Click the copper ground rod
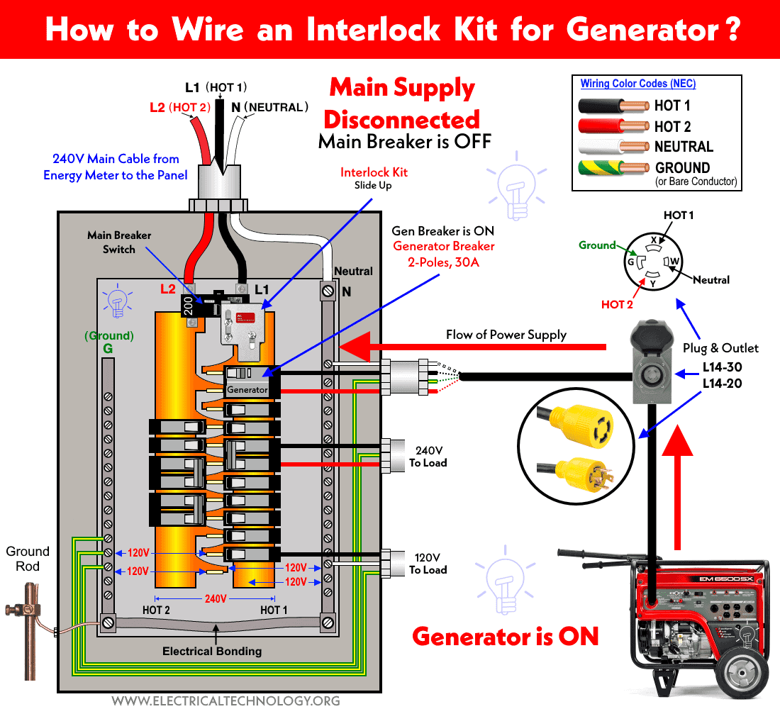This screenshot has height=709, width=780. coord(28,624)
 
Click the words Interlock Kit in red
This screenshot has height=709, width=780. coord(374,172)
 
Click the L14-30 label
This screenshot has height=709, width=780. coord(722,367)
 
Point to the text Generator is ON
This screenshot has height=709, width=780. coord(506,636)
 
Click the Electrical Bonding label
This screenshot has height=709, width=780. coord(212,651)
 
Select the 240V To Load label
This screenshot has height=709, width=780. coord(428,457)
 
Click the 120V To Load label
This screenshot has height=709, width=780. coord(428,563)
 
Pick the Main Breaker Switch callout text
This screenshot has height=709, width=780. coord(119,242)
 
